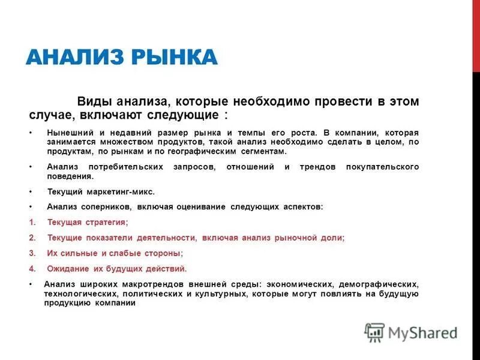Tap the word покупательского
coord(382,167)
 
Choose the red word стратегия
coord(106,222)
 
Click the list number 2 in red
coord(32,238)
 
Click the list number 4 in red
coord(32,269)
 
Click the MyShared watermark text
coord(422,332)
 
